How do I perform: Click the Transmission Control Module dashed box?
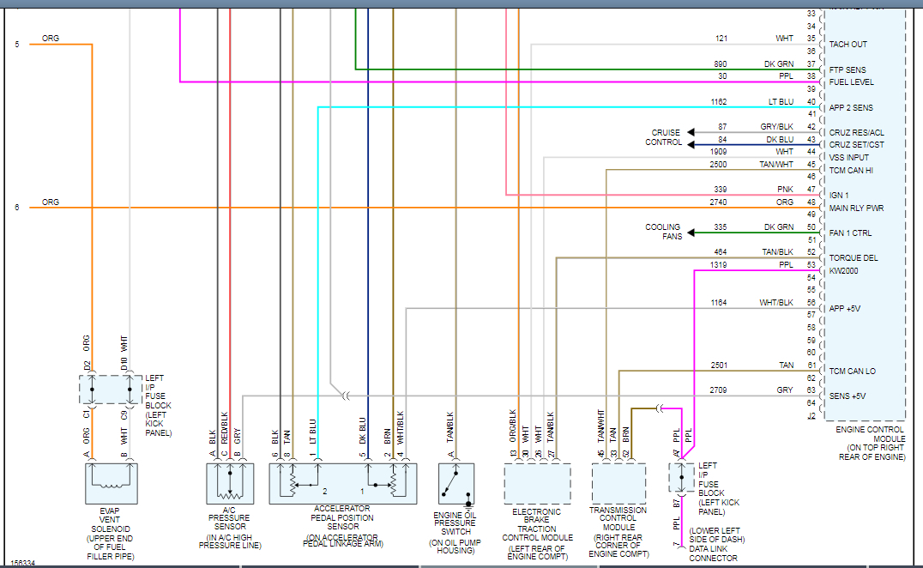(x=619, y=483)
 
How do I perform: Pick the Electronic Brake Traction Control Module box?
(x=537, y=483)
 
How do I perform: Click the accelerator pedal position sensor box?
(x=342, y=483)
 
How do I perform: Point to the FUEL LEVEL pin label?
(x=851, y=82)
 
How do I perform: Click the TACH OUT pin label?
(x=848, y=45)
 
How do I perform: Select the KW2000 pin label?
(x=844, y=270)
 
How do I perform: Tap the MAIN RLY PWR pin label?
(x=856, y=208)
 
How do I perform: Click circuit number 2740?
(x=718, y=202)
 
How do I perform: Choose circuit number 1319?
(x=718, y=265)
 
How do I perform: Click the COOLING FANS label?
(x=663, y=232)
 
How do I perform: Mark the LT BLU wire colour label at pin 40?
(x=781, y=102)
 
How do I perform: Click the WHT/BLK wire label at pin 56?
(x=776, y=303)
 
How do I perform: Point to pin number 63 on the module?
(x=811, y=390)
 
